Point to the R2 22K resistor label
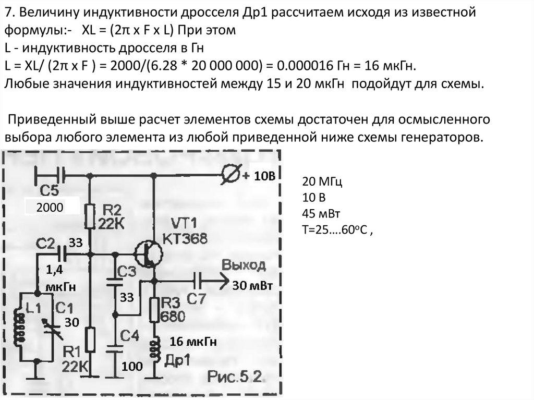[111, 217]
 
